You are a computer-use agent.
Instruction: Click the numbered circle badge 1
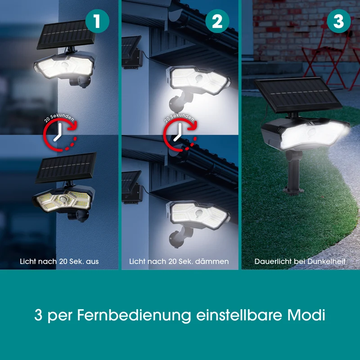point(97,21)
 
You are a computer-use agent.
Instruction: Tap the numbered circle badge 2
point(217,21)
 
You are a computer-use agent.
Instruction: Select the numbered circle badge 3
point(339,21)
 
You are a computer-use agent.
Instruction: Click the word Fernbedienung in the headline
point(134,315)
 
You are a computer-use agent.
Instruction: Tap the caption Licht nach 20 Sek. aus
point(59,261)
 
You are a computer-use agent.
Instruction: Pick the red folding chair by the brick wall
point(326,53)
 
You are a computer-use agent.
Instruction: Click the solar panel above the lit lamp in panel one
point(66,35)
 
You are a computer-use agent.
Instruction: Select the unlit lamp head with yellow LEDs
point(64,199)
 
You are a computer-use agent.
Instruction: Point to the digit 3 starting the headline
point(38,315)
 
